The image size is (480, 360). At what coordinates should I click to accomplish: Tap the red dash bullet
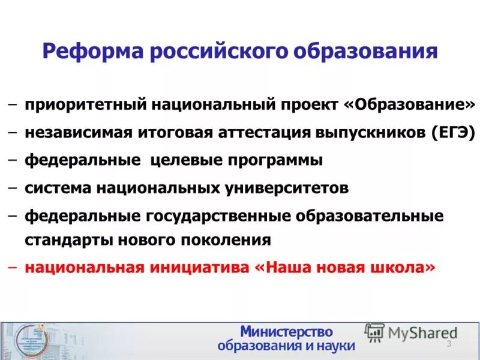[13, 267]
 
